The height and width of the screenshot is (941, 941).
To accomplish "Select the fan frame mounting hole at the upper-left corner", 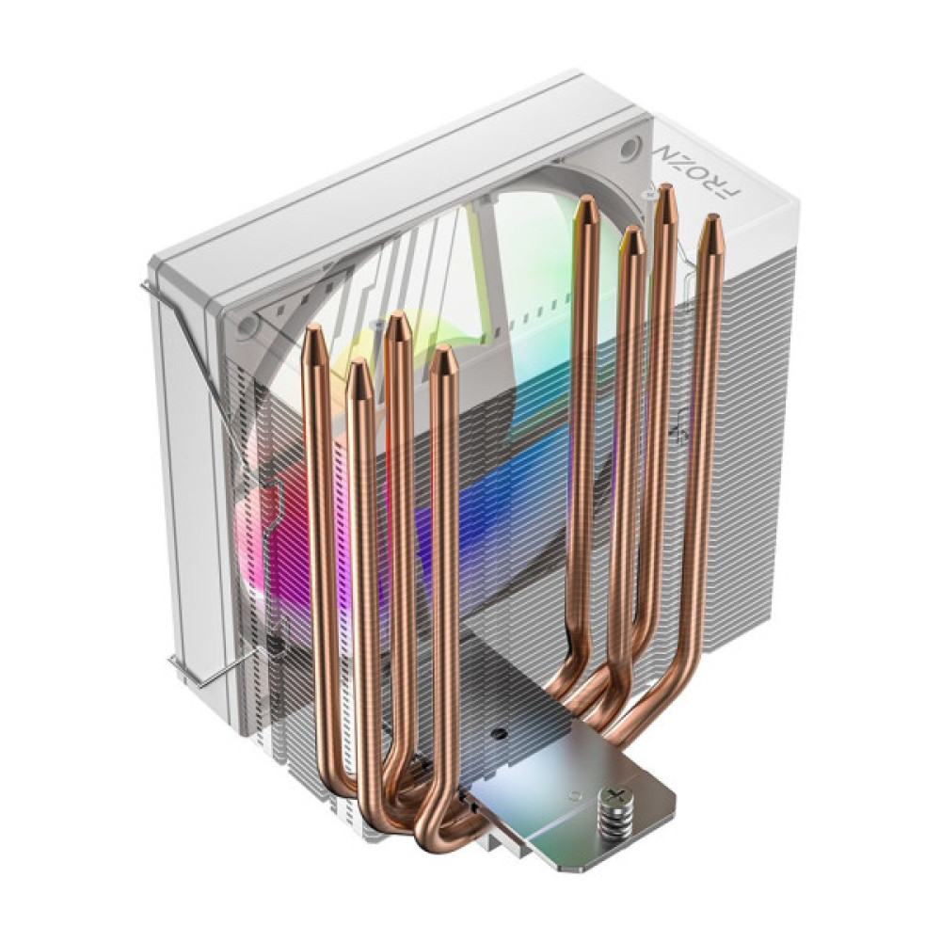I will (x=247, y=325).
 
